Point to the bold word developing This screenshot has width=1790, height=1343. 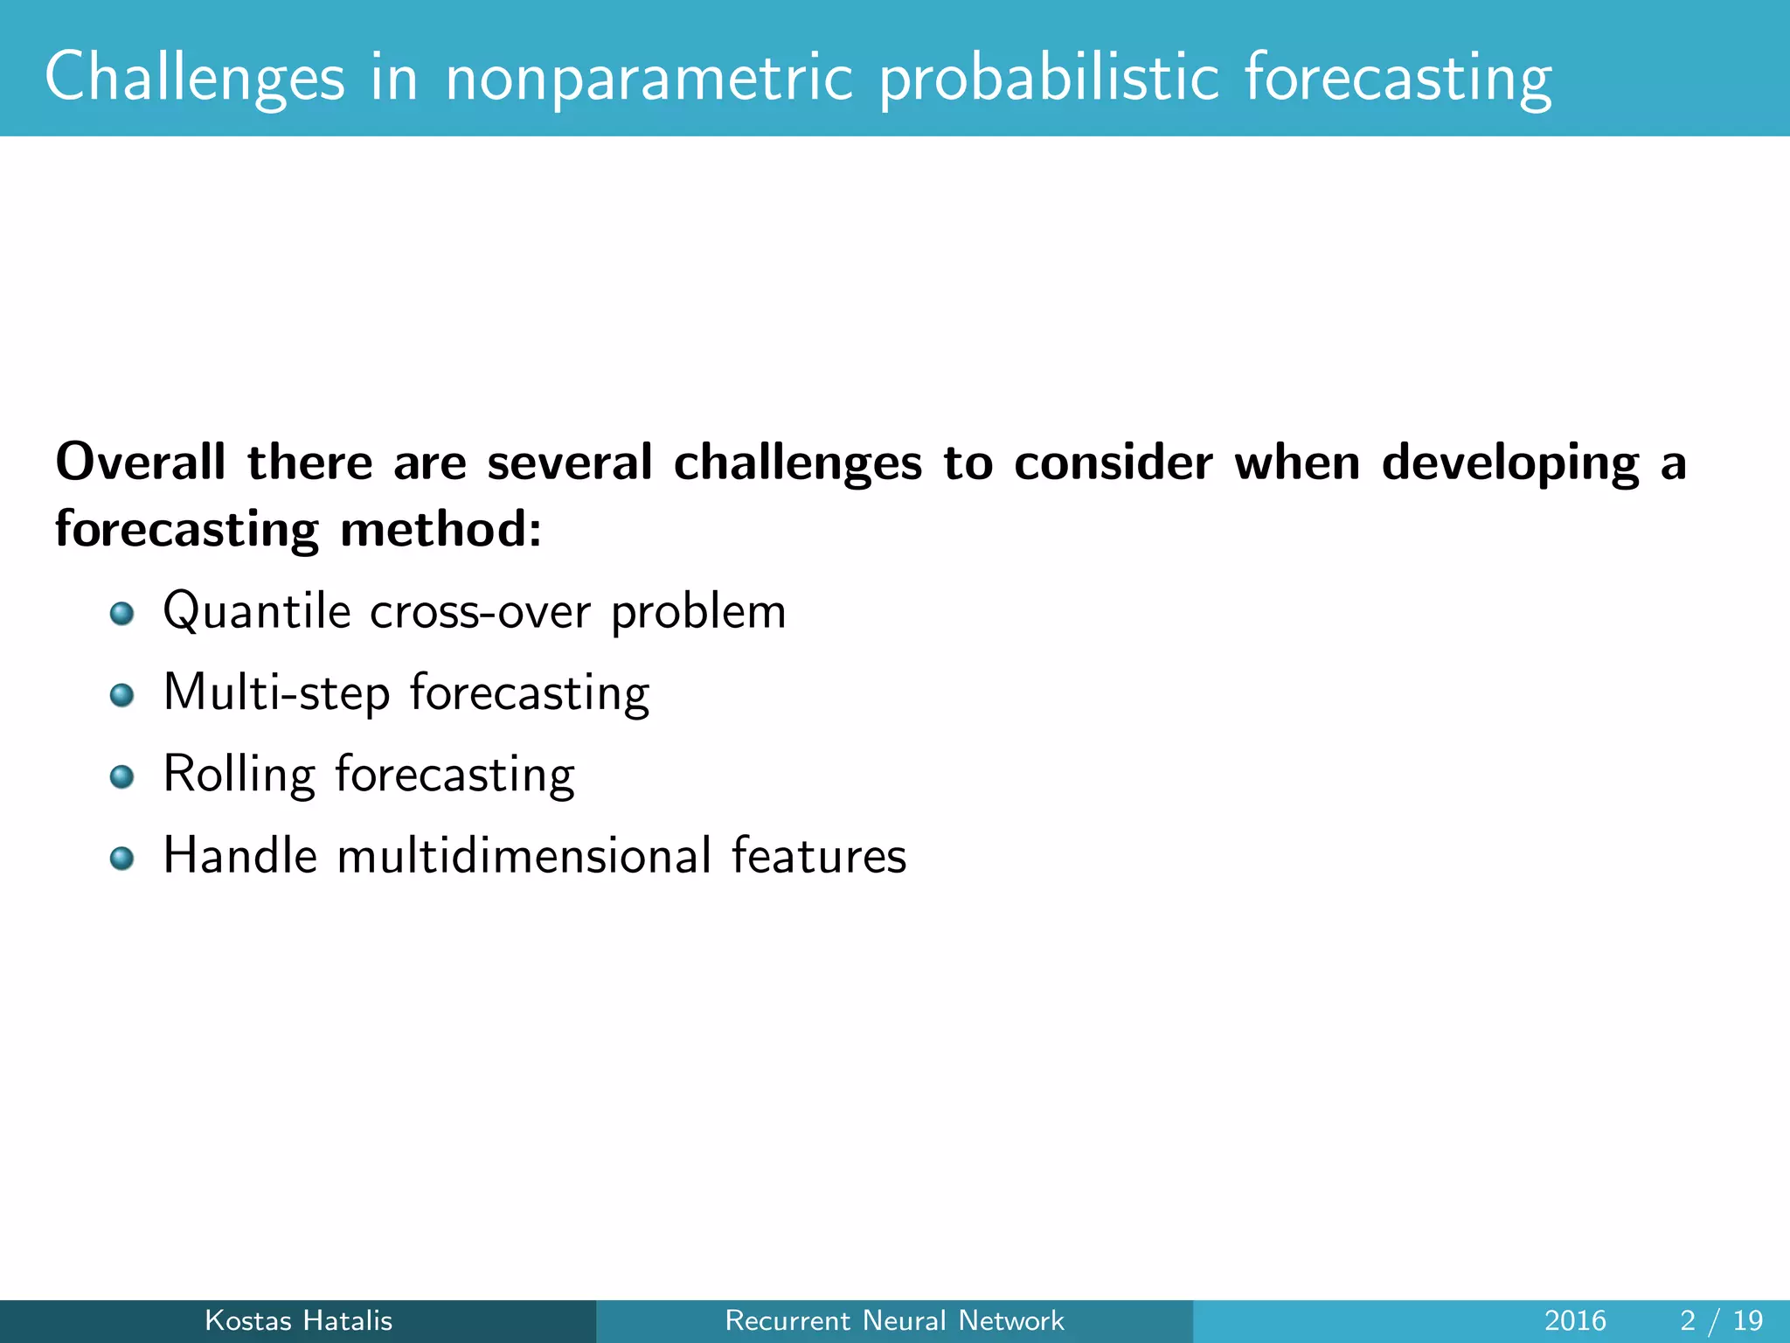[x=1510, y=463]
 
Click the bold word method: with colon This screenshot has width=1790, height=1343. [x=441, y=530]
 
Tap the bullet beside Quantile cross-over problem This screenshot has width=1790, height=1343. [x=122, y=614]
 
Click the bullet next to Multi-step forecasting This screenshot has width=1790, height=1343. [x=122, y=695]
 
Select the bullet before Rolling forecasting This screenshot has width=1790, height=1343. [x=122, y=776]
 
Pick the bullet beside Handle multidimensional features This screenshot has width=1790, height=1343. [x=122, y=858]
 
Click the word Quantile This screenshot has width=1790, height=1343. [x=257, y=611]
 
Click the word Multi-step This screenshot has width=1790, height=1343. [x=276, y=692]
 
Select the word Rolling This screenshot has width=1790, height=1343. [x=239, y=775]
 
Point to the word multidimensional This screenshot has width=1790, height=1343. [x=524, y=855]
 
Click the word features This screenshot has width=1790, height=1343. [x=819, y=855]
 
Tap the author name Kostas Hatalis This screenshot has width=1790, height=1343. [x=298, y=1320]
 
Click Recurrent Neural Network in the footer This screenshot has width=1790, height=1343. [x=894, y=1320]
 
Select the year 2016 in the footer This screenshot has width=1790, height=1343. [x=1575, y=1320]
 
